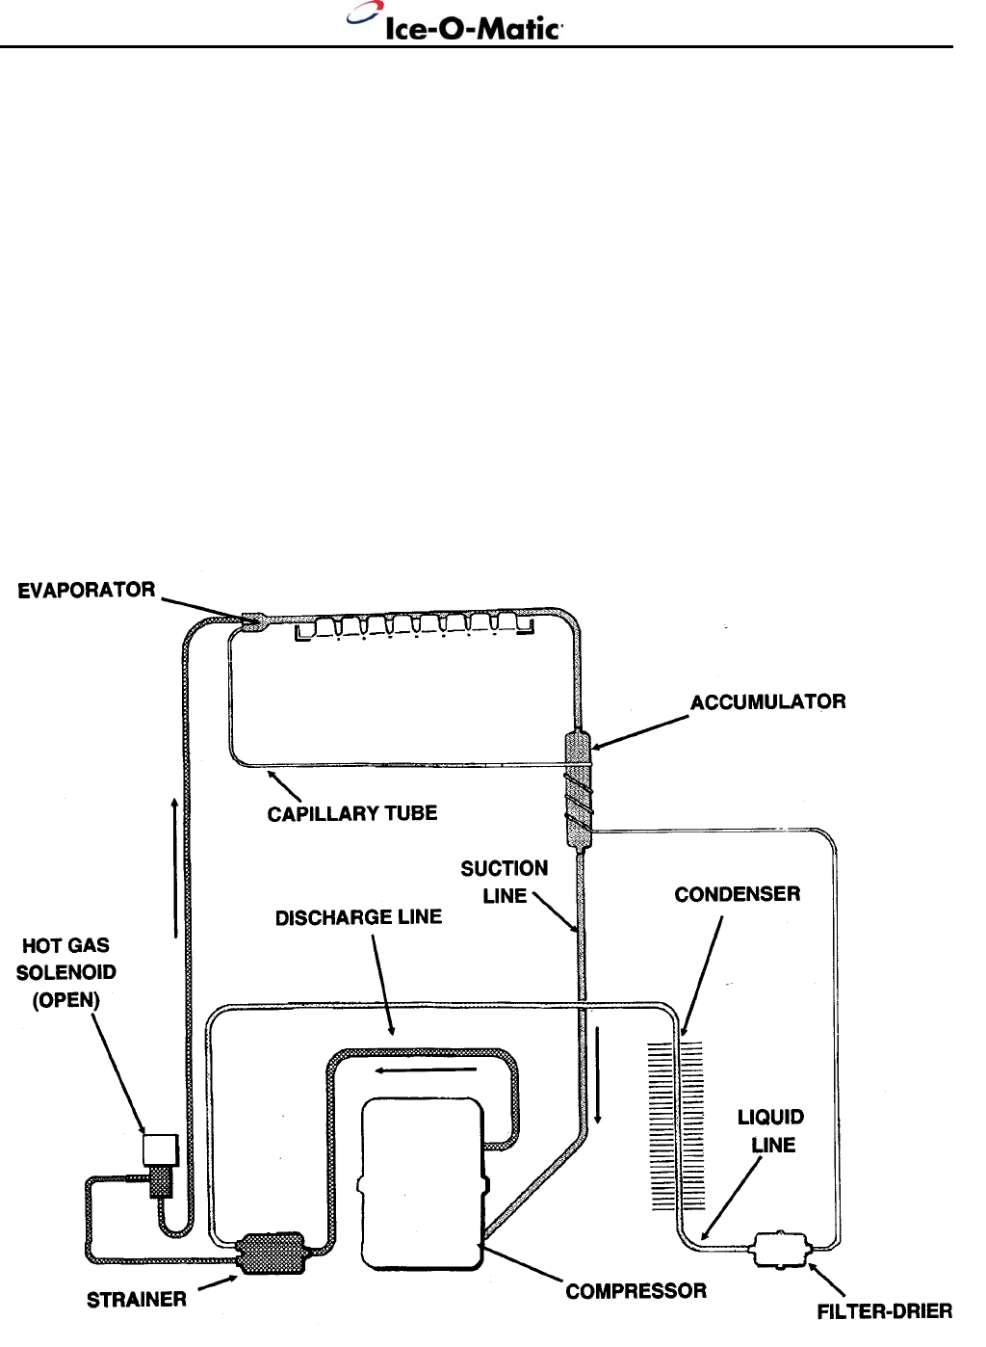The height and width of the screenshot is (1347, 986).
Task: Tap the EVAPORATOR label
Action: click(87, 590)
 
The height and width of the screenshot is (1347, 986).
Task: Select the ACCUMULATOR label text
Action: click(767, 701)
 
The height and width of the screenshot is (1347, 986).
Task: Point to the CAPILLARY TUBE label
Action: click(352, 813)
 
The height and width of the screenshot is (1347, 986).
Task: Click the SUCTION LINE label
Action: click(505, 882)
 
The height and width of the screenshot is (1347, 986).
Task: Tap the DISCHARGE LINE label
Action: click(358, 917)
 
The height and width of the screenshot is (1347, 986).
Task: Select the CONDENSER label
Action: click(737, 894)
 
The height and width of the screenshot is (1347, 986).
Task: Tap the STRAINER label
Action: click(137, 1299)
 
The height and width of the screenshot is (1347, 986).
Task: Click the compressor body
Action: click(420, 1184)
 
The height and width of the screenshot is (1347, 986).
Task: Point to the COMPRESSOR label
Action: click(636, 1291)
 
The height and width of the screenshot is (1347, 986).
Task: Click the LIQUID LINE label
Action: click(771, 1131)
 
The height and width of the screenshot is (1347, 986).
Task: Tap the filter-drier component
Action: click(781, 1250)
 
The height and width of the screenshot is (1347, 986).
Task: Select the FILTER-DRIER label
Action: click(884, 1310)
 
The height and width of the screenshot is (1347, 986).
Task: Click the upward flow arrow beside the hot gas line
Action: click(174, 867)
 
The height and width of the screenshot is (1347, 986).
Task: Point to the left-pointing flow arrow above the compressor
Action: click(427, 1070)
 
